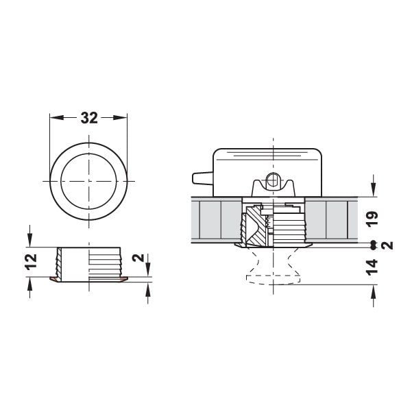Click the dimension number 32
(x=90, y=117)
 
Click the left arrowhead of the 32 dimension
(x=54, y=117)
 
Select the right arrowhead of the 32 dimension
(x=125, y=117)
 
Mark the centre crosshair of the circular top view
(x=90, y=181)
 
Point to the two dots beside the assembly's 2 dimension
(x=371, y=245)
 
